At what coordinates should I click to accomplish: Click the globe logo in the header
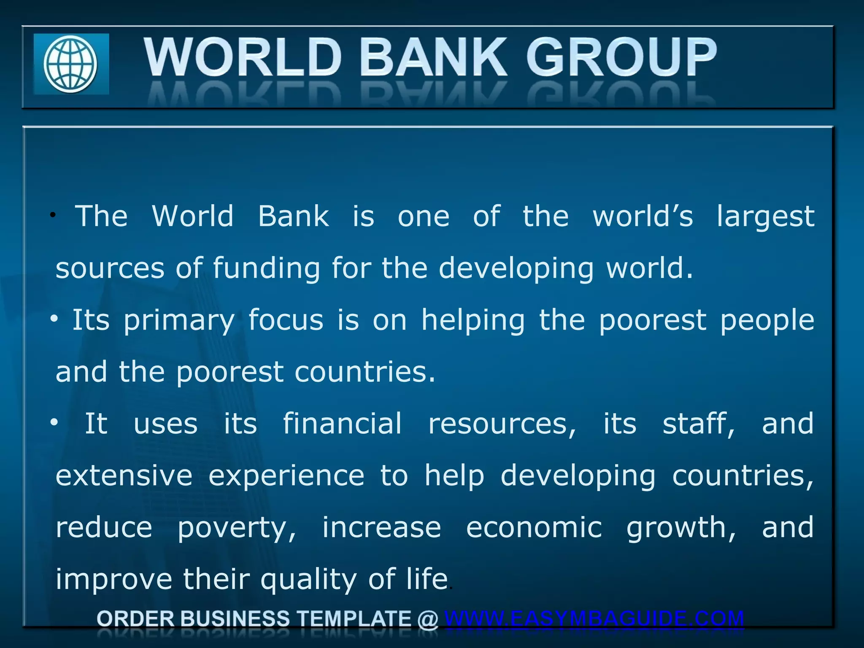pos(71,64)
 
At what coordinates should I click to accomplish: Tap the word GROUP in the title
pos(621,57)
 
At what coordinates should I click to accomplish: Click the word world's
pos(643,217)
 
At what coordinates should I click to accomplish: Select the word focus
pos(286,320)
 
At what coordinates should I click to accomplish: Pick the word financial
pos(342,424)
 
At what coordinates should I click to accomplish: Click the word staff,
pos(699,424)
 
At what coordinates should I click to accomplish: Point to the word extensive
pos(124,475)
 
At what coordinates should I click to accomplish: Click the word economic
pos(534,527)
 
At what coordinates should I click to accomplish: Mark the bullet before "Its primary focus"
pos(54,319)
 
